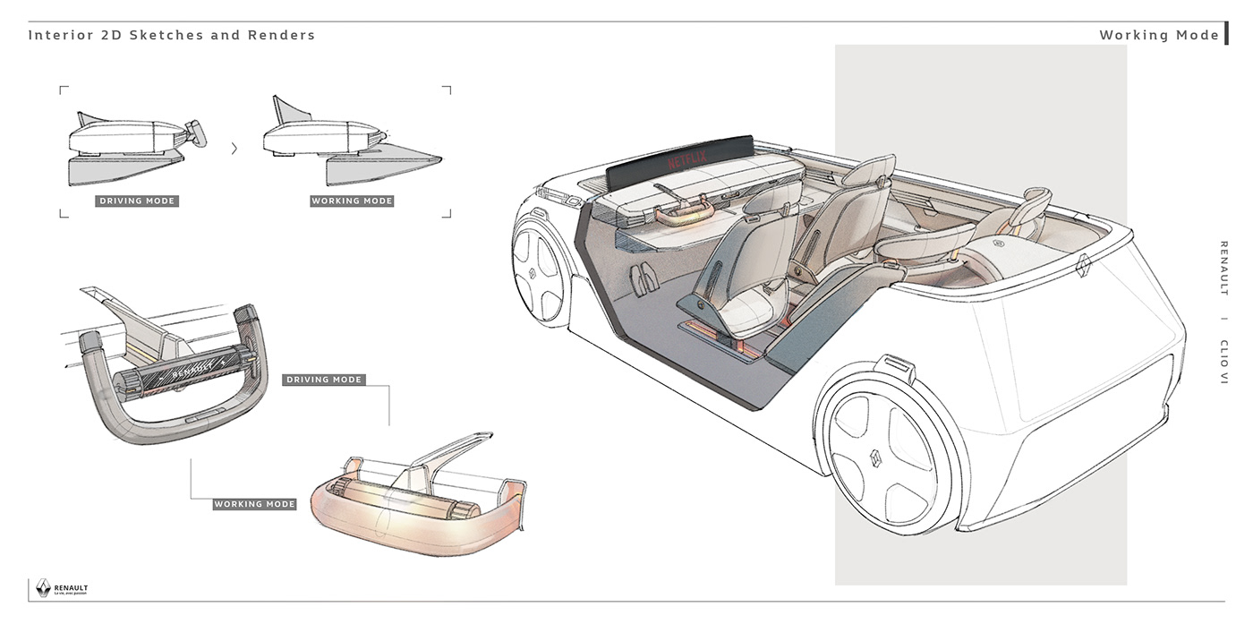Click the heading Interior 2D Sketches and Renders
(x=172, y=36)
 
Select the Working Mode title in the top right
(x=1159, y=36)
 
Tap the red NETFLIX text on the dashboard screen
(x=687, y=162)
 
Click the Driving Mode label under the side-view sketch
(x=137, y=201)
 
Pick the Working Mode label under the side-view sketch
(x=352, y=201)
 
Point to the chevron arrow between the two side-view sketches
(x=234, y=149)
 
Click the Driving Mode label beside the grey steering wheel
(x=323, y=380)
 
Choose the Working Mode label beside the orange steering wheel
(x=254, y=504)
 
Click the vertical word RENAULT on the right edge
(x=1223, y=268)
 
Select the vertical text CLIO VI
(x=1223, y=361)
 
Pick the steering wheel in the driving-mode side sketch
(x=195, y=133)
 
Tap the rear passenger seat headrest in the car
(x=1037, y=199)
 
